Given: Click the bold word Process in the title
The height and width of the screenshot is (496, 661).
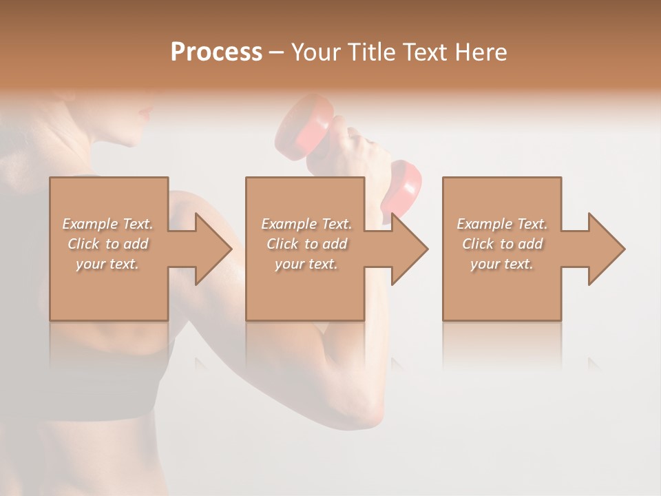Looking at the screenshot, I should pos(216,52).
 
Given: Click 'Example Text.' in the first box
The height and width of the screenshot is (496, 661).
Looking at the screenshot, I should pos(108,224).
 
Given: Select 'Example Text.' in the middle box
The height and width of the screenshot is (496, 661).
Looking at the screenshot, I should pos(306,224).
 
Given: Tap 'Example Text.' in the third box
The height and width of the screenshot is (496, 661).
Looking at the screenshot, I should pos(502,224).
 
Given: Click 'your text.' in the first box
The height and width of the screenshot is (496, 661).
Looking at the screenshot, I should pos(107,264).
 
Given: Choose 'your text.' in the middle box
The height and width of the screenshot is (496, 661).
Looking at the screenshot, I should pos(306,264).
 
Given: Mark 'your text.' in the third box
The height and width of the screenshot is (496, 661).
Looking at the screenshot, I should pos(501,264).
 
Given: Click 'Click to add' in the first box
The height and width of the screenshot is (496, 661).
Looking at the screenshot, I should pos(108,244).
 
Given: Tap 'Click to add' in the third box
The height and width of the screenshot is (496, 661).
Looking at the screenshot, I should pos(502,244).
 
